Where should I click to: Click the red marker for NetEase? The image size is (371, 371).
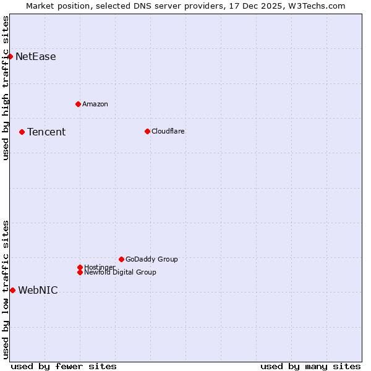[x=11, y=57]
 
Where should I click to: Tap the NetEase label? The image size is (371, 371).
[x=36, y=57]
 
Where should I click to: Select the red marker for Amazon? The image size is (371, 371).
[x=78, y=104]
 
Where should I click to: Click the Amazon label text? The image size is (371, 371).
[x=95, y=104]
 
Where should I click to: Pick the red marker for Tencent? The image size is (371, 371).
[x=22, y=132]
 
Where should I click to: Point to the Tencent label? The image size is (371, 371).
[x=46, y=132]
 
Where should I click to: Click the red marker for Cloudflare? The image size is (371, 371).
[x=147, y=131]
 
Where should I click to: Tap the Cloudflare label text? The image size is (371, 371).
[x=168, y=131]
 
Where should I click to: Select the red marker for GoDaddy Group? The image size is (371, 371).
[x=121, y=259]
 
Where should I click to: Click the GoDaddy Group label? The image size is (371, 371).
[x=151, y=259]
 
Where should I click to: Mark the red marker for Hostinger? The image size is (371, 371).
[x=80, y=267]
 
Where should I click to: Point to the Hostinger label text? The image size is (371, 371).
[x=100, y=267]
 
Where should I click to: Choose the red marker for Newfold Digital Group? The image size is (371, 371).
[x=80, y=272]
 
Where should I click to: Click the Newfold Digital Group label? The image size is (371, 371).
[x=121, y=272]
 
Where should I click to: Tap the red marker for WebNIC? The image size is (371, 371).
[x=12, y=290]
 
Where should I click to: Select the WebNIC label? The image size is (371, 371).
[x=38, y=291]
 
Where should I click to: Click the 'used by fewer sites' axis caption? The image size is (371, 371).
[x=64, y=366]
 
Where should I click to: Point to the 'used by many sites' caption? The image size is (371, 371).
[x=310, y=366]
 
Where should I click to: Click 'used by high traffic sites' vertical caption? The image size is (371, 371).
[x=6, y=88]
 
